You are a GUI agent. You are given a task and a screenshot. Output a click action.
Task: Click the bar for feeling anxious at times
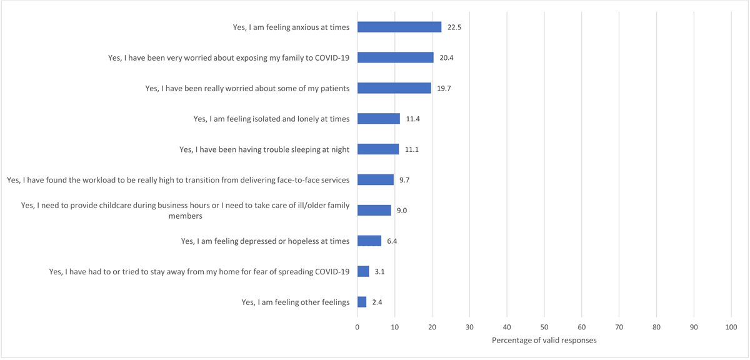(x=399, y=27)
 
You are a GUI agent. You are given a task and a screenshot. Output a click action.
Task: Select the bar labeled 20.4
(x=395, y=57)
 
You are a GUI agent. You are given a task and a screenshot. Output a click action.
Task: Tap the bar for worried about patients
(x=394, y=88)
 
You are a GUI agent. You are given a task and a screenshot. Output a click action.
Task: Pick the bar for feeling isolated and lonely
(x=378, y=119)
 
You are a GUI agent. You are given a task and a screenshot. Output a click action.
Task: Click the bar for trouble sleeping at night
(x=377, y=149)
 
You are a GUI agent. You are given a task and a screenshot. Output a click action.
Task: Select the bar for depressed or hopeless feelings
(x=369, y=241)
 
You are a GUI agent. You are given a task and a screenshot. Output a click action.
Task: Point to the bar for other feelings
(x=362, y=302)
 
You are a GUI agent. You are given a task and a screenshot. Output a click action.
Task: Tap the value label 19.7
(x=444, y=88)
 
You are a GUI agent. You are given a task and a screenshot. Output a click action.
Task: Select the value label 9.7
(x=405, y=180)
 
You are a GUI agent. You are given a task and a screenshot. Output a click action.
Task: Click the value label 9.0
(x=402, y=211)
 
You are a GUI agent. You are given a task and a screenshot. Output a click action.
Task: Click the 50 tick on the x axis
(x=544, y=326)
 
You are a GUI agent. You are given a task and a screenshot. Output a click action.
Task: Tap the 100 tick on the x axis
(x=731, y=326)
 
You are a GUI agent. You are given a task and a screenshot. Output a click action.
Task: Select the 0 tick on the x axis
(x=357, y=326)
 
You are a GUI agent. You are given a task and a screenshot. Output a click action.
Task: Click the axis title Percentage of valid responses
(x=544, y=341)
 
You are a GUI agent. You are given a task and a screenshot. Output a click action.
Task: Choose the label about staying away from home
(x=199, y=272)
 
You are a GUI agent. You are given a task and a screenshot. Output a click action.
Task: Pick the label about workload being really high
(x=178, y=180)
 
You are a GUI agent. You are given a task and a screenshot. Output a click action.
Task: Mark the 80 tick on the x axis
(x=656, y=326)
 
